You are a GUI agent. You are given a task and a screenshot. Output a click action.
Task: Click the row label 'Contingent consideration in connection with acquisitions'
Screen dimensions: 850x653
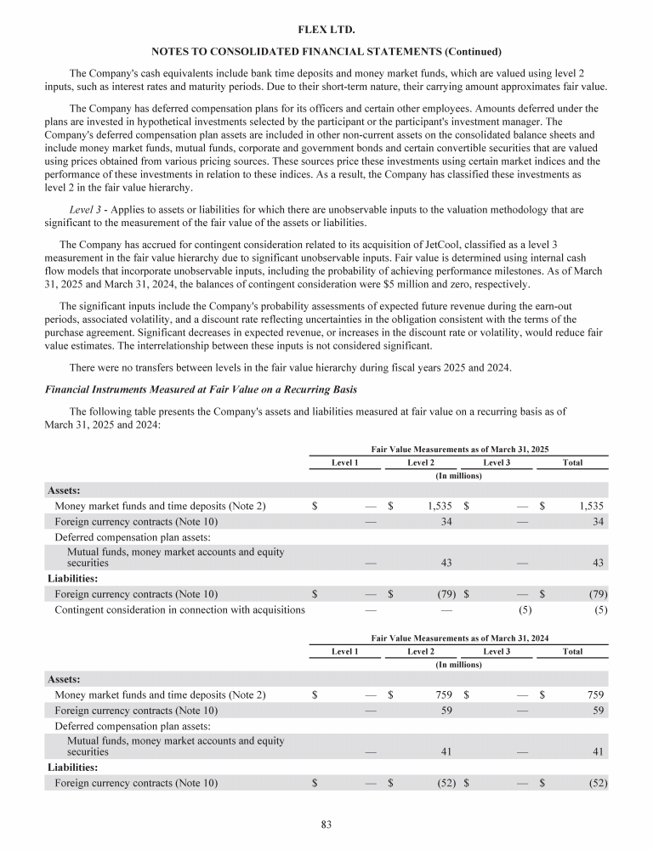179,609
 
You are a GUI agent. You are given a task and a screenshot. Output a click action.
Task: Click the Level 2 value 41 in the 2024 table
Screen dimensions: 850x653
446,751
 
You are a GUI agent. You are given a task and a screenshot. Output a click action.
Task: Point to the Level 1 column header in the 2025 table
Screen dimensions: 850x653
344,462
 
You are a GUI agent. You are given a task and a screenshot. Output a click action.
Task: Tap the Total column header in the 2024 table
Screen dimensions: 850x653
572,651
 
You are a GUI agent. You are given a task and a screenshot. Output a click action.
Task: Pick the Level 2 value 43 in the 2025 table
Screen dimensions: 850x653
446,563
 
